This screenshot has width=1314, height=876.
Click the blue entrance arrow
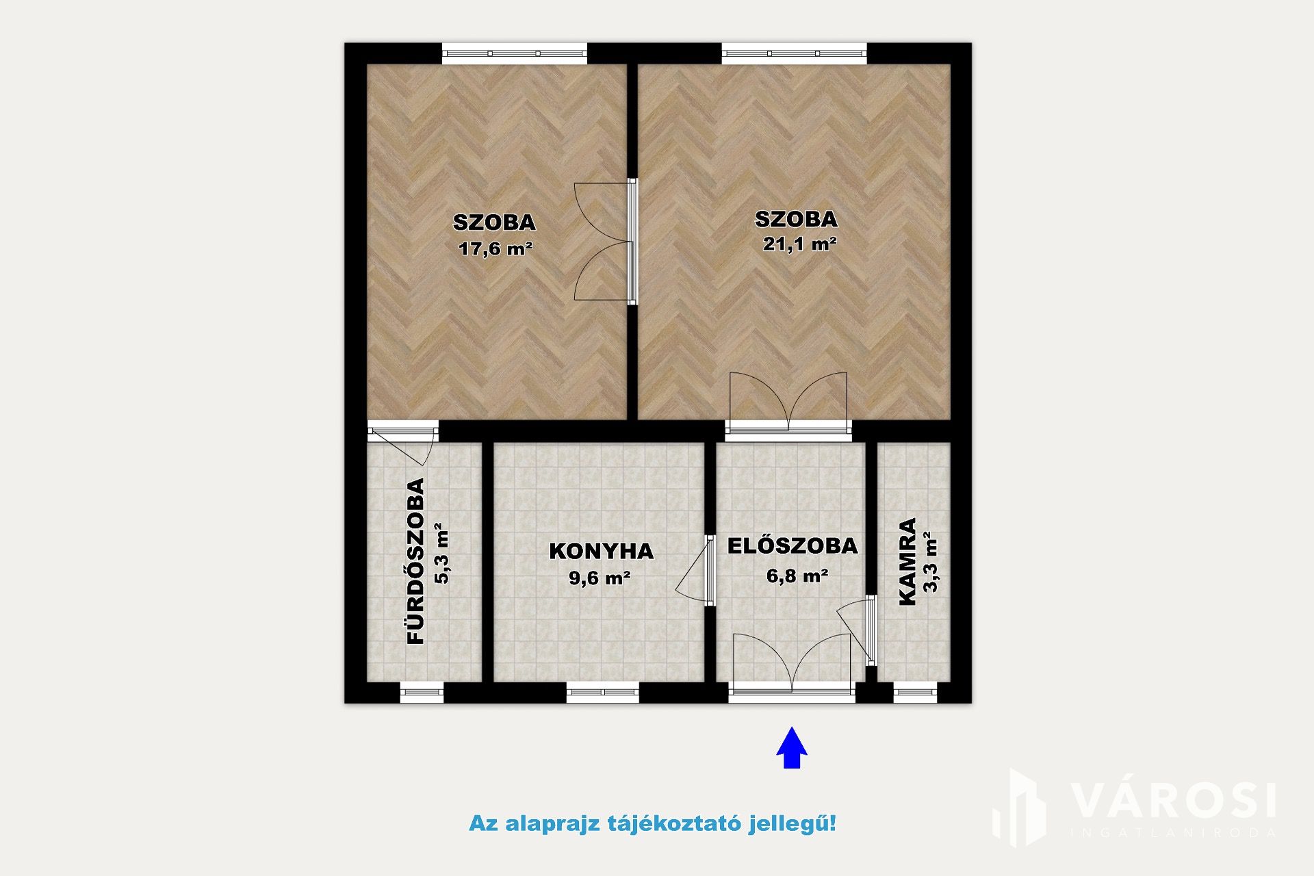(x=792, y=747)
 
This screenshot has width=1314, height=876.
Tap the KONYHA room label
(x=601, y=552)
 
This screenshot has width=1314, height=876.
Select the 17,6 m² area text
(x=495, y=248)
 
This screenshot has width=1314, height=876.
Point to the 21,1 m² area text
(x=799, y=244)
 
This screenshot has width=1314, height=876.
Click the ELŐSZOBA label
(x=792, y=545)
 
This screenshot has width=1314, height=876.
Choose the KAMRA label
(x=907, y=562)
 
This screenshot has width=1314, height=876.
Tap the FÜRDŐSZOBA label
(x=416, y=561)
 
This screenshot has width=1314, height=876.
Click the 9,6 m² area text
(x=600, y=578)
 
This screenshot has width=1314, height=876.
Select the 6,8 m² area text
(x=797, y=576)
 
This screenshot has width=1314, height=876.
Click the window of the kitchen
(x=603, y=693)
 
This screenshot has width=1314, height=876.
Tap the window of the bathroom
(x=422, y=693)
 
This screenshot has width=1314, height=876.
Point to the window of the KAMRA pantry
(x=915, y=693)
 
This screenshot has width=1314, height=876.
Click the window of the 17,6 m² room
(x=515, y=53)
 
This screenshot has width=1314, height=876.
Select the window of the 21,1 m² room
(x=795, y=53)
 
